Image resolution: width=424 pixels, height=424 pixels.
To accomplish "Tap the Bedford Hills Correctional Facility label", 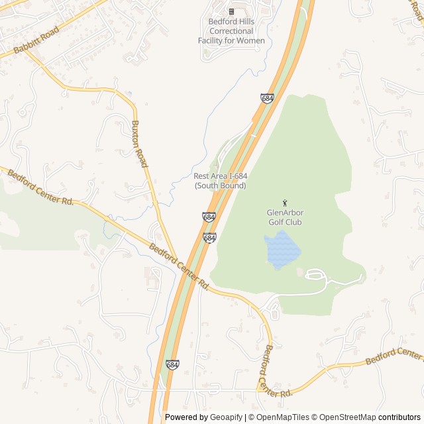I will (231, 31).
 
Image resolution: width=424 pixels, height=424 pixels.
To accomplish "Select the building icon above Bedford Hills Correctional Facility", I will (231, 11).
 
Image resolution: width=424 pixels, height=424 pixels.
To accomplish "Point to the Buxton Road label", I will (139, 143).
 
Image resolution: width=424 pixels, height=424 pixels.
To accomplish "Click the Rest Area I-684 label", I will (221, 176).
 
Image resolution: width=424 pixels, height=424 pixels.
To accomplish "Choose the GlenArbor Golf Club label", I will (284, 217).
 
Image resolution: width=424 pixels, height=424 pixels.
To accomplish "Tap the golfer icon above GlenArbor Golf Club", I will (285, 203).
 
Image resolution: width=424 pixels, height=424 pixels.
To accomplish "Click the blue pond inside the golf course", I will (282, 250).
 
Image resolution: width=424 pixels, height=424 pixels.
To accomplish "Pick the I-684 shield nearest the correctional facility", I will (267, 98).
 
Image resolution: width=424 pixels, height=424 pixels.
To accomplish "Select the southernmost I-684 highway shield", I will (172, 365).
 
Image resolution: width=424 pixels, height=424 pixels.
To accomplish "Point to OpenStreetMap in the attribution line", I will (345, 417).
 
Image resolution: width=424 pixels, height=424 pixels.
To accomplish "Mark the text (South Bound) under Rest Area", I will (221, 186).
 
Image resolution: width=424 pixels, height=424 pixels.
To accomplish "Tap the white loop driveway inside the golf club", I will (315, 274).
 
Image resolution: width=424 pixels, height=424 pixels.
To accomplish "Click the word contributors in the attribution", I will (399, 417).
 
